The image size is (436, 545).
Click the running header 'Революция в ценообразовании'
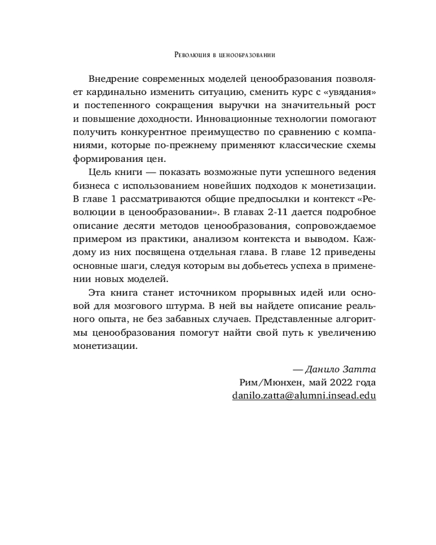[x=218, y=55]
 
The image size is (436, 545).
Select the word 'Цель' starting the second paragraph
[x=102, y=173]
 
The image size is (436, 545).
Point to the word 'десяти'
[x=131, y=225]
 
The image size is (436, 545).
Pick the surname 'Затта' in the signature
[x=361, y=368]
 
